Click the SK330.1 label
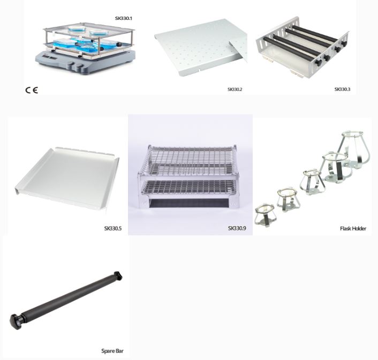click(124, 18)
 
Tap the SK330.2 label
click(235, 89)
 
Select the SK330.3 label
click(342, 89)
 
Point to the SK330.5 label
click(113, 228)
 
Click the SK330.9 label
click(237, 228)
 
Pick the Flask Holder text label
click(353, 228)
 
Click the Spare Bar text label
click(112, 350)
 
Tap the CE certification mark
click(32, 90)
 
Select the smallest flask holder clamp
click(264, 215)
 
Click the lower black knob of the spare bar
click(16, 321)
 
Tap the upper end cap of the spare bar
click(118, 275)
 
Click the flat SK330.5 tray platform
click(67, 177)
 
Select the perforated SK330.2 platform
click(201, 47)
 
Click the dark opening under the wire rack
click(188, 204)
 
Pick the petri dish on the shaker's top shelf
click(75, 29)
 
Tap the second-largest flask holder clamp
click(335, 167)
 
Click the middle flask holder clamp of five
click(313, 182)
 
